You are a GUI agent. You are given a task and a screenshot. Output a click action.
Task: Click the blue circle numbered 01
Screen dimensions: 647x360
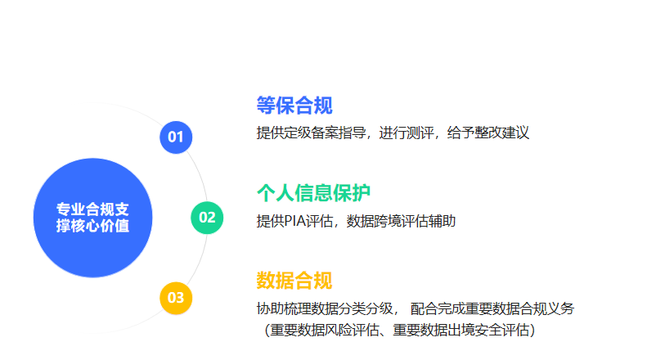coord(176,137)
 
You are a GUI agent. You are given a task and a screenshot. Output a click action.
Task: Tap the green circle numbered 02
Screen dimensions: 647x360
coord(207,218)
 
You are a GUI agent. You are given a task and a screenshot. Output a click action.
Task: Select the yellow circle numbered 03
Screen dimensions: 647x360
coord(176,298)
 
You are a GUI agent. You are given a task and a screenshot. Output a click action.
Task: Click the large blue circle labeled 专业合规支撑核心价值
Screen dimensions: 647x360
coord(93,218)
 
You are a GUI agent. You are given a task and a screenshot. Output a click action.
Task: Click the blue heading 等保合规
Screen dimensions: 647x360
coord(294,106)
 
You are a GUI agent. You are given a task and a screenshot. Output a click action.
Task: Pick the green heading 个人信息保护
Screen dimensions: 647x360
coord(313,193)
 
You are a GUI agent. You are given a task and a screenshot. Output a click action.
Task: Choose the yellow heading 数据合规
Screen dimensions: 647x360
coord(294,281)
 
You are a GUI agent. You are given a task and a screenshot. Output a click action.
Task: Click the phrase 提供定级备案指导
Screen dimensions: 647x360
coord(311,133)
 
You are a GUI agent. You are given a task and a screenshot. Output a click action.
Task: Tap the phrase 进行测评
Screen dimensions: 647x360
coord(406,133)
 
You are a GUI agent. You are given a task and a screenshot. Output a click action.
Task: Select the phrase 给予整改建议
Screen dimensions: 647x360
coord(487,133)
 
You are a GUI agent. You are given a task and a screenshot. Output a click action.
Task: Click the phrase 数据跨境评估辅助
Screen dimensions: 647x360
coord(401,221)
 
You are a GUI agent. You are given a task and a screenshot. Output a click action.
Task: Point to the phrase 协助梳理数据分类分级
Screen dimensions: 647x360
coord(325,308)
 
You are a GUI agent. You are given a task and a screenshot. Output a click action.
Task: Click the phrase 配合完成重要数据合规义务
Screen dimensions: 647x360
coord(492,308)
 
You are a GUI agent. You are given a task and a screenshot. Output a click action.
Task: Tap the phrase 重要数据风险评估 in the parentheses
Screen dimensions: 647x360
coord(325,330)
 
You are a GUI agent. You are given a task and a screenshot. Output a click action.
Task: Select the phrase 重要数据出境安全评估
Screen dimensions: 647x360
coord(461,330)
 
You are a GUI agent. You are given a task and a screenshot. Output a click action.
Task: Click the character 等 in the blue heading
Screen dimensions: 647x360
coord(266,106)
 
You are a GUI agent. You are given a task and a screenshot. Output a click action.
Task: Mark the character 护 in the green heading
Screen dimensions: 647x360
coord(361,193)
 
